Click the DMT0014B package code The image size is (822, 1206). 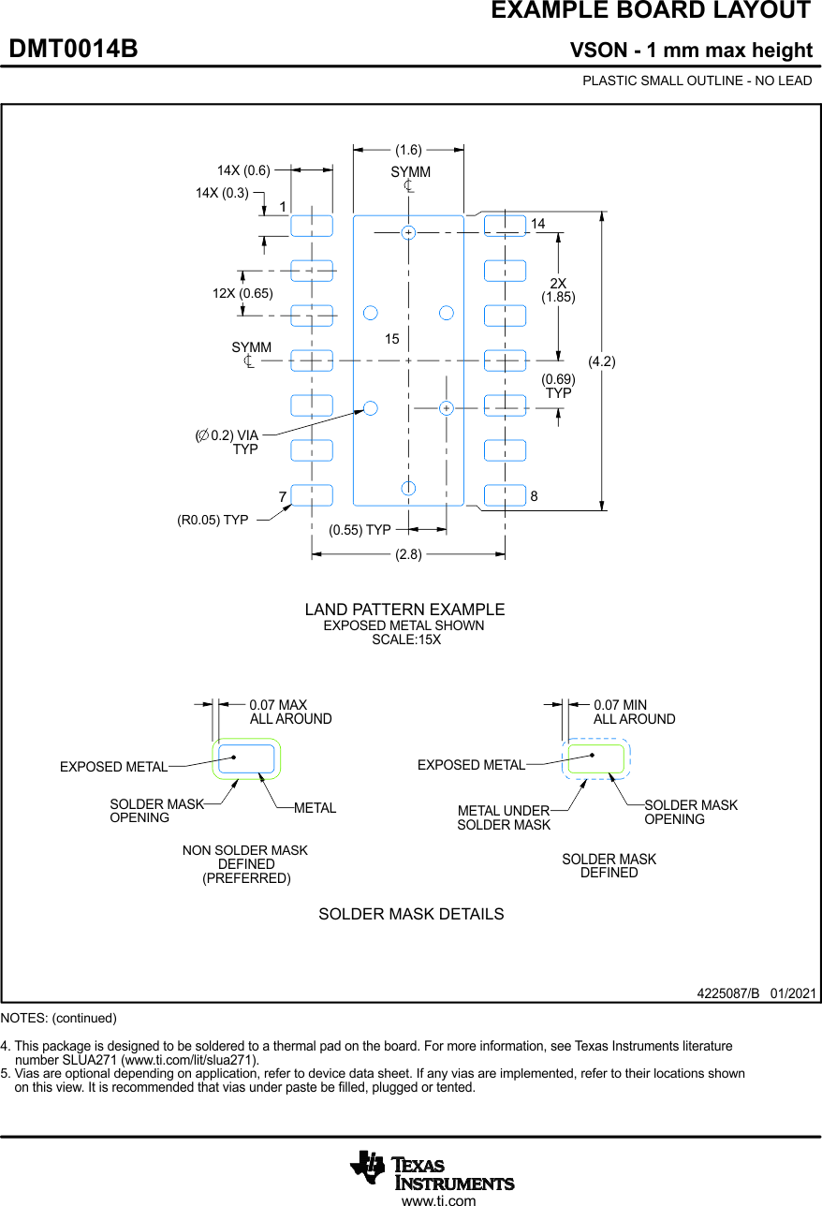pyautogui.click(x=73, y=49)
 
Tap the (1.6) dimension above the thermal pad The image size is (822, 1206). pyautogui.click(x=408, y=149)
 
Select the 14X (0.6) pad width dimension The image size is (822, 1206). pyautogui.click(x=243, y=170)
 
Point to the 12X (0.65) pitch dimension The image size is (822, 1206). pyautogui.click(x=242, y=293)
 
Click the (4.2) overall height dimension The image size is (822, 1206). pyautogui.click(x=601, y=361)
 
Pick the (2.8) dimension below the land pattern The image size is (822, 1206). pyautogui.click(x=408, y=554)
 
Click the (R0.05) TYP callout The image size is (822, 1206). pyautogui.click(x=213, y=520)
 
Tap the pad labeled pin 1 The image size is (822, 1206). pyautogui.click(x=312, y=225)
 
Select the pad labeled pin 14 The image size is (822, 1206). pyautogui.click(x=505, y=225)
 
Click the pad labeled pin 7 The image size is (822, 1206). pyautogui.click(x=312, y=495)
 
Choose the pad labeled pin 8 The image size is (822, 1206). pyautogui.click(x=505, y=495)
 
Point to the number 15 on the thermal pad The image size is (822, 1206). pyautogui.click(x=391, y=339)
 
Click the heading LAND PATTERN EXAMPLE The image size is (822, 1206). pyautogui.click(x=404, y=610)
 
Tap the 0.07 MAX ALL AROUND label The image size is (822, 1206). pyautogui.click(x=290, y=712)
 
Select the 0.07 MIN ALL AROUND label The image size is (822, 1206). pyautogui.click(x=634, y=712)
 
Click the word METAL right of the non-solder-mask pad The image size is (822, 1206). pyautogui.click(x=315, y=808)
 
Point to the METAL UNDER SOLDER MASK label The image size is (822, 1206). pyautogui.click(x=504, y=817)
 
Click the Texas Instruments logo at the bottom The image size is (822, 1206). pyautogui.click(x=432, y=1169)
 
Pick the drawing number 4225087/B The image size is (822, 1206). pyautogui.click(x=727, y=993)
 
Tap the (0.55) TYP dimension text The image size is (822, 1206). pyautogui.click(x=360, y=530)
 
